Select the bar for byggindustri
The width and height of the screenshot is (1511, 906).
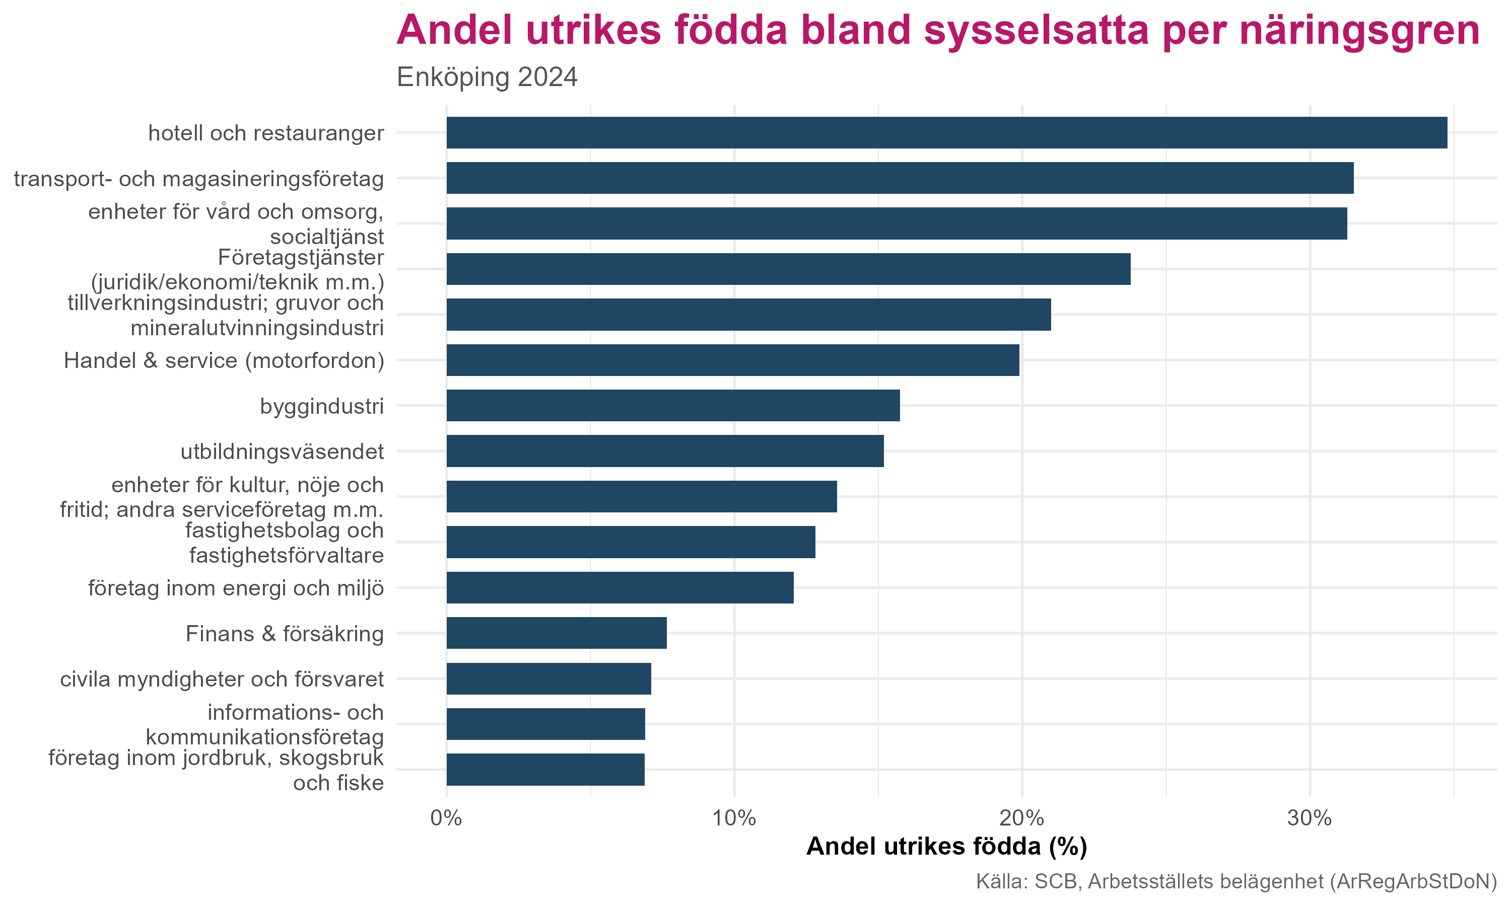point(672,405)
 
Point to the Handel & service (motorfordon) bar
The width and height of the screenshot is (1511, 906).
point(732,360)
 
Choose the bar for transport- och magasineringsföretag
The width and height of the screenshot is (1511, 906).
point(900,178)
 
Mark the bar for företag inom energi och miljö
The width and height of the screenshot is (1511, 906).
point(620,588)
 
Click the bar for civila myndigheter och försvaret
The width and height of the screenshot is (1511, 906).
point(548,679)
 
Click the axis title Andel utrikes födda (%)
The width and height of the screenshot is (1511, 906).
point(947,847)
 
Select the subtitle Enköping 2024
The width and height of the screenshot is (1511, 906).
point(487,78)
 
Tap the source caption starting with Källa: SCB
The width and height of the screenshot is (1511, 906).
point(1236,881)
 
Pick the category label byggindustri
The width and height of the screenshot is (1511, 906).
point(322,406)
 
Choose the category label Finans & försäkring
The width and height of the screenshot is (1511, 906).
point(285,634)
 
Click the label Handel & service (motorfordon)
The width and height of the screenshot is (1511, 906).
point(224,361)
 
